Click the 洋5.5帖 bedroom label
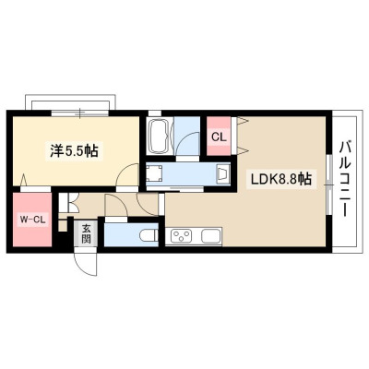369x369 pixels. [74, 150]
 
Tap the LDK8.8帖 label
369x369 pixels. [281, 179]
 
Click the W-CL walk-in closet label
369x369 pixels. [33, 219]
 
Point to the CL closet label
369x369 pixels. [219, 137]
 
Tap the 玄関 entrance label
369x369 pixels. [87, 233]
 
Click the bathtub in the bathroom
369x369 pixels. [159, 136]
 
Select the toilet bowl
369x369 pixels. [149, 236]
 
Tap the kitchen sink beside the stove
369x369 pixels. [211, 236]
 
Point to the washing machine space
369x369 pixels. [154, 173]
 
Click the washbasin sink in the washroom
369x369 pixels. [223, 173]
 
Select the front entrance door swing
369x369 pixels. [85, 264]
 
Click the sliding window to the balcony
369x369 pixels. [329, 184]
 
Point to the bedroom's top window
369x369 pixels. [80, 113]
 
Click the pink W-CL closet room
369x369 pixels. [31, 220]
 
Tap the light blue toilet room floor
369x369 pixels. [131, 234]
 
